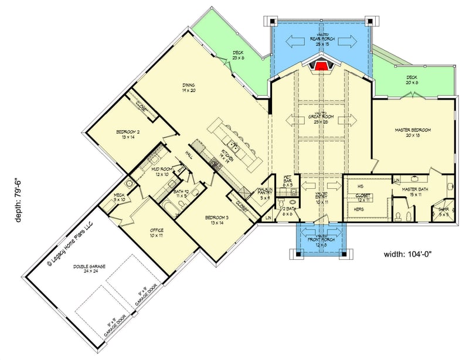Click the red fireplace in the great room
(x=320, y=64)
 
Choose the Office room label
(x=157, y=233)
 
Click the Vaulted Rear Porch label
(x=320, y=40)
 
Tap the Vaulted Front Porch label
(x=320, y=233)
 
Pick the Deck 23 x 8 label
(x=237, y=55)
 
